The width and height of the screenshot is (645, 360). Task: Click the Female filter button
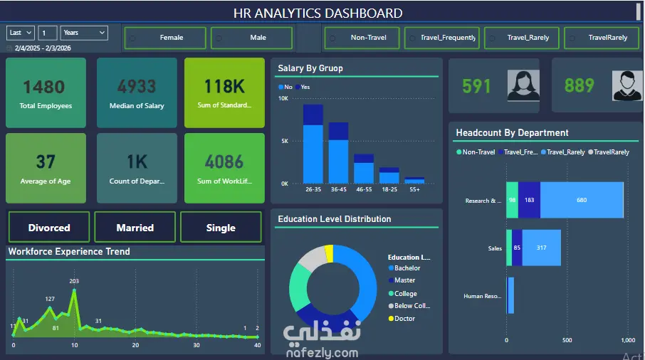coord(165,38)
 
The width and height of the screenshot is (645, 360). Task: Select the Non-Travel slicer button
coord(362,38)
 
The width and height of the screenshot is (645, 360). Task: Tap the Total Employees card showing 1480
coord(46,92)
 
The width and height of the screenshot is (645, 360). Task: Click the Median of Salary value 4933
coord(137,87)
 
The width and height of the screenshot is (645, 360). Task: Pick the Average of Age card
coord(46,168)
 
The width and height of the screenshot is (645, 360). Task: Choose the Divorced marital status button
coord(49,228)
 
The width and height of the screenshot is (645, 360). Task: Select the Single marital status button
coord(221,228)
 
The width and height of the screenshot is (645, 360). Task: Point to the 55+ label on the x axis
coord(414,190)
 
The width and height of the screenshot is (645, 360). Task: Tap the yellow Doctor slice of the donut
coord(328,253)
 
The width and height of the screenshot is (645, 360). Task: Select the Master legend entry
coord(404,280)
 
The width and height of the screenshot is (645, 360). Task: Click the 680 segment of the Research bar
coord(582,200)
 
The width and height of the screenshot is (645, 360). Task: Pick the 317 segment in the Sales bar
coord(542,248)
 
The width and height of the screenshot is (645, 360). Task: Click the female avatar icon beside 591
coord(523,85)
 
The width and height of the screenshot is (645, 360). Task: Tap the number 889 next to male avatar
coord(580,86)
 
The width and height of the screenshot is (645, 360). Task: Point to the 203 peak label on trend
coord(74,281)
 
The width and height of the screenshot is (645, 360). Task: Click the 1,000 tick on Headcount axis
coord(627,340)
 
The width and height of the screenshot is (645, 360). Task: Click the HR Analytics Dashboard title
coord(318,13)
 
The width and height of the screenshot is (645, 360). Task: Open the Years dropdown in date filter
coord(84,33)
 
